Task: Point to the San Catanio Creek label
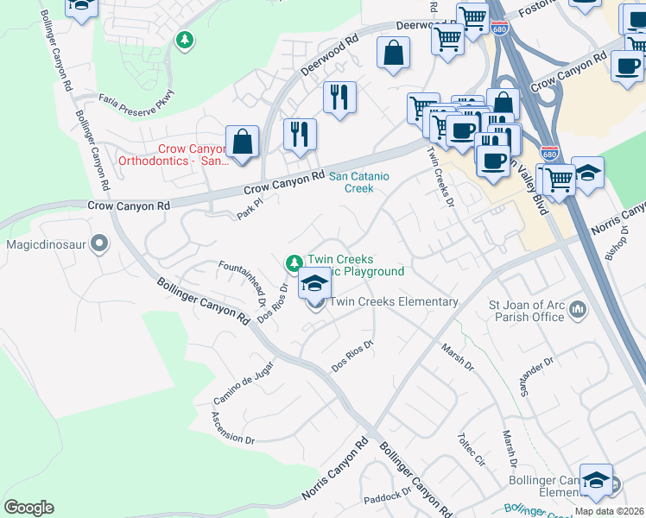tap(359, 182)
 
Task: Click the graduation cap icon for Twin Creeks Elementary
tap(315, 282)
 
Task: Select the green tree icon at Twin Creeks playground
tap(294, 262)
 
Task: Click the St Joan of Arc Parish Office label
tap(526, 310)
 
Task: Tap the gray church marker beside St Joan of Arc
tap(578, 308)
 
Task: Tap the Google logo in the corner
tap(28, 507)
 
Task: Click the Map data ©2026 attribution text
tap(609, 511)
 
